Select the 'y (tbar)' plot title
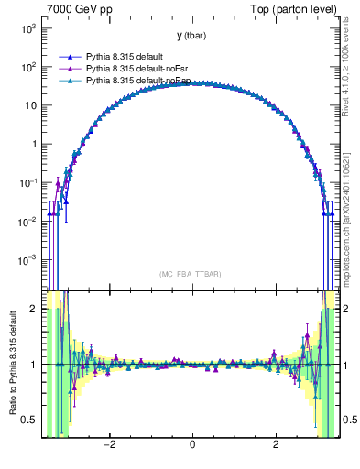point(191,36)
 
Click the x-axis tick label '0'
point(192,445)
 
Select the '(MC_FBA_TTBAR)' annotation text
point(191,274)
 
